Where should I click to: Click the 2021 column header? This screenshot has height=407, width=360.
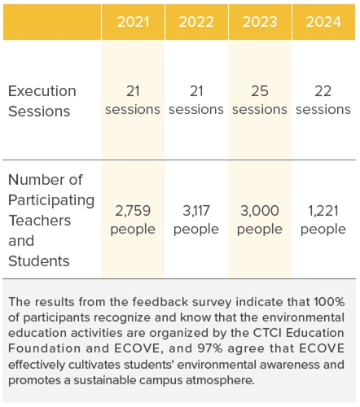pyautogui.click(x=133, y=22)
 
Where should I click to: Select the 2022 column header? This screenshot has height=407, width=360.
pyautogui.click(x=196, y=22)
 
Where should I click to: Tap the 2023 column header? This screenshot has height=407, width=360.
pyautogui.click(x=260, y=22)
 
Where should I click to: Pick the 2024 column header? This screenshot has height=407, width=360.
pyautogui.click(x=323, y=22)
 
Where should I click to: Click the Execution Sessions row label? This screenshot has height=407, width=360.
pyautogui.click(x=42, y=101)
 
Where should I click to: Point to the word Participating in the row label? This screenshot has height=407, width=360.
pyautogui.click(x=51, y=200)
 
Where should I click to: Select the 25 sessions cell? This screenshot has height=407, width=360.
pyautogui.click(x=260, y=100)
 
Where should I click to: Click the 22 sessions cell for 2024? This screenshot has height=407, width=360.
pyautogui.click(x=323, y=100)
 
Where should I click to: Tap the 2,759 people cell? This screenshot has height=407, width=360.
pyautogui.click(x=133, y=220)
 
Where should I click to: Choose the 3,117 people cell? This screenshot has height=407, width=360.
pyautogui.click(x=196, y=220)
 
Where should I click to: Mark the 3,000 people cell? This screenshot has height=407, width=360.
pyautogui.click(x=260, y=220)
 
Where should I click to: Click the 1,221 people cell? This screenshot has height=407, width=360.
pyautogui.click(x=323, y=220)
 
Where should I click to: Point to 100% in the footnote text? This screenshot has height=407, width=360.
pyautogui.click(x=329, y=302)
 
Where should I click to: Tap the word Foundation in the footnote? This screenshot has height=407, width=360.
pyautogui.click(x=45, y=348)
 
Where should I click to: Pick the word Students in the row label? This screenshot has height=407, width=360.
pyautogui.click(x=39, y=261)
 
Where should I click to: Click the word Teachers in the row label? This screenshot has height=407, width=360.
pyautogui.click(x=40, y=221)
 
